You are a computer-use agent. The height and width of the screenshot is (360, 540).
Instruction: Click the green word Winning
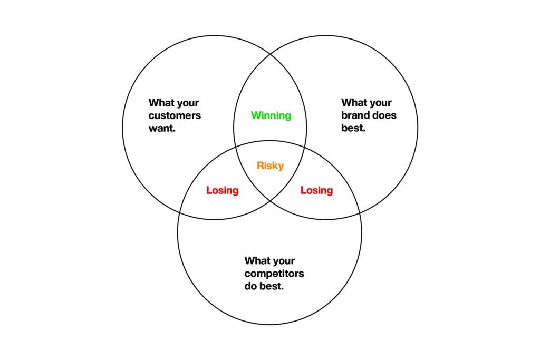coord(271,115)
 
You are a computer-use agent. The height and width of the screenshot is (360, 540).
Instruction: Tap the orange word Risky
coord(271,166)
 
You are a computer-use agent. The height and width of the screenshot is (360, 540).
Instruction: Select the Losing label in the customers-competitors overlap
coord(223,190)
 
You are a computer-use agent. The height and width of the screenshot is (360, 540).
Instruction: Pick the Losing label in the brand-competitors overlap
coord(317,190)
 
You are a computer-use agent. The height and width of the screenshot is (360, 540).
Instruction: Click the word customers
coord(175,115)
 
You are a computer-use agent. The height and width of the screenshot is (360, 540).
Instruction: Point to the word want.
coord(162,128)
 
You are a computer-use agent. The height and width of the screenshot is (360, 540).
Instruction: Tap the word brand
coord(355,115)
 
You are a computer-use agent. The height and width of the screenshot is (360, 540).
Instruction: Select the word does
coord(384,115)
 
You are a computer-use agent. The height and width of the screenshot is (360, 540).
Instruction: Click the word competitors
coord(274,274)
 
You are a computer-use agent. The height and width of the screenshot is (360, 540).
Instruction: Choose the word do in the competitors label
coord(250,286)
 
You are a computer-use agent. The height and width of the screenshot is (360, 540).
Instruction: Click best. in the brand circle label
coord(353,128)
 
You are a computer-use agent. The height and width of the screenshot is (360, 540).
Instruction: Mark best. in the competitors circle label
coord(272,286)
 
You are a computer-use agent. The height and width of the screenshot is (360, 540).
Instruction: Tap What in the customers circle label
coord(161,103)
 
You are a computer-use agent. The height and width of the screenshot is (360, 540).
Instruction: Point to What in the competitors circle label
coord(257,260)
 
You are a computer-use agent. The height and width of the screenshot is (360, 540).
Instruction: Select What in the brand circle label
coord(354,103)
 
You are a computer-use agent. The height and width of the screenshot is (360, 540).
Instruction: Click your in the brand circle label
coord(380,103)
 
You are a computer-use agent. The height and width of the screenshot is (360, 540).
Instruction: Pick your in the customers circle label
coord(187,103)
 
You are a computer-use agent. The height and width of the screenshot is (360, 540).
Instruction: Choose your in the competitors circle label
coord(283,261)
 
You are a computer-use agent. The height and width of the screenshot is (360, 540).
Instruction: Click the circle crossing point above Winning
coord(271,54)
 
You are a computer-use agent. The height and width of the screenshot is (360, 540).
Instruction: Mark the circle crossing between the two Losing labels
coord(271,201)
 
